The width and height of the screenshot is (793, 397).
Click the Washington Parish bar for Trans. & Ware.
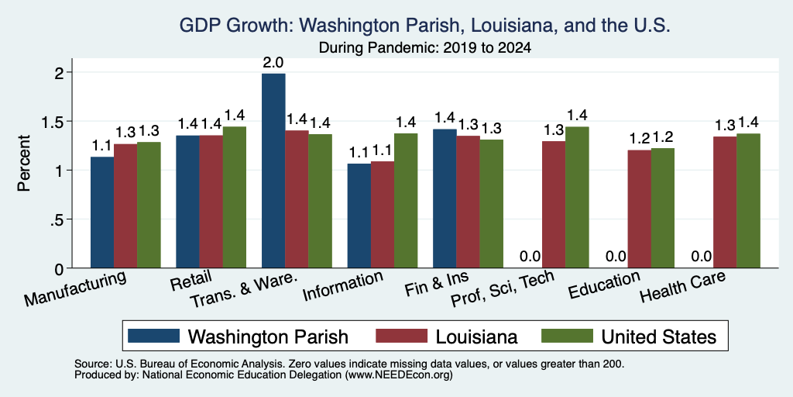[x=273, y=171]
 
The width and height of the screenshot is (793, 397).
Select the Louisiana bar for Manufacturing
[x=125, y=206]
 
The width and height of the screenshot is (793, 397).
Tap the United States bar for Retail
[x=235, y=197]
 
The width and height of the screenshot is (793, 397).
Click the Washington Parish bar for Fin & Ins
[x=445, y=198]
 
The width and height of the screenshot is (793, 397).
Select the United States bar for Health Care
[x=749, y=201]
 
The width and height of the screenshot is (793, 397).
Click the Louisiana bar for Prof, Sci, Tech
[x=554, y=205]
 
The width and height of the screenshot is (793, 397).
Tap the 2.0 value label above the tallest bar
[x=273, y=64]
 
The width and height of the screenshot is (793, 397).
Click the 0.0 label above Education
[x=616, y=256]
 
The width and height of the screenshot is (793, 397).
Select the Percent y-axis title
[x=24, y=163]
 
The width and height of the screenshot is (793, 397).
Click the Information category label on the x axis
[x=342, y=286]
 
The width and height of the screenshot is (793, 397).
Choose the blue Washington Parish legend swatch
[x=154, y=336]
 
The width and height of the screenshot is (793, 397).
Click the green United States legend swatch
[x=567, y=336]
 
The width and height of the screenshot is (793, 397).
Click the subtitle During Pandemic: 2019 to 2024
[x=425, y=48]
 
